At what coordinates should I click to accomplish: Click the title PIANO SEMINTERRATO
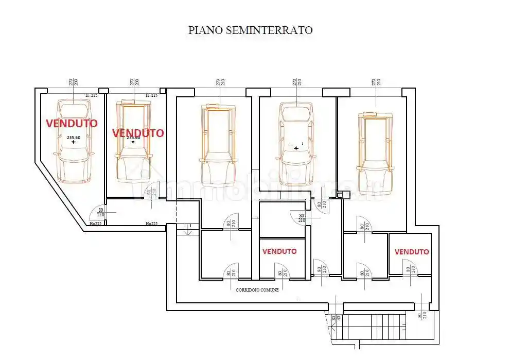coord(250,30)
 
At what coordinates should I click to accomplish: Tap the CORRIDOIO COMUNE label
coord(257,290)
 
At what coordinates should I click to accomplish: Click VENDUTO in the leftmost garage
coord(71,123)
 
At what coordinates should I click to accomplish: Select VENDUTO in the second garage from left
coord(138,133)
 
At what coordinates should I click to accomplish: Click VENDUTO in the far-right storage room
coord(412,252)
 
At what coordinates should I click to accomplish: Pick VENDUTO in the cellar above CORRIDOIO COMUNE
coord(279,251)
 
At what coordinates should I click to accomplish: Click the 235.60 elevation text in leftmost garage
coord(74,138)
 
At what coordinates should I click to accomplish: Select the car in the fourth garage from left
coord(296,144)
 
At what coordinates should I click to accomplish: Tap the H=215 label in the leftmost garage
coord(91,95)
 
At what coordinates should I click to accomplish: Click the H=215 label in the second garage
coord(151,95)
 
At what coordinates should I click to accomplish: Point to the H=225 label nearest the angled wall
coord(95,224)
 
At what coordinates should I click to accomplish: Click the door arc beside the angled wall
coord(95,213)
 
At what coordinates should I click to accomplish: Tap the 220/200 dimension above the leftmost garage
coord(73,82)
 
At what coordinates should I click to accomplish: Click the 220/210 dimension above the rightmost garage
coord(376,82)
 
